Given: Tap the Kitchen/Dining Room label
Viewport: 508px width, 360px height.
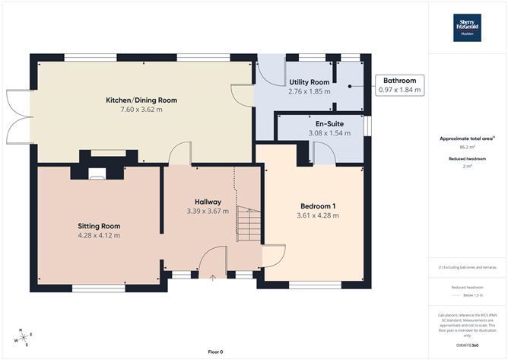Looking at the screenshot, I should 142,100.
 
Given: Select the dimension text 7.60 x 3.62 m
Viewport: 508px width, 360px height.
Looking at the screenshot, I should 142,110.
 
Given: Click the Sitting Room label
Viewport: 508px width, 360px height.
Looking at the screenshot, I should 99,226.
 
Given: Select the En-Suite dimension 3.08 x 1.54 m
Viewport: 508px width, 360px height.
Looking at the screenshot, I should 325,133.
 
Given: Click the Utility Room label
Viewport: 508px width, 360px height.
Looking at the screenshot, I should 309,81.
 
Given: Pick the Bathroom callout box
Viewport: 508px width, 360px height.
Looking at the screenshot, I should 399,85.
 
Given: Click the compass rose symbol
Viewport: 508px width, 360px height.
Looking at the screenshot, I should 23,336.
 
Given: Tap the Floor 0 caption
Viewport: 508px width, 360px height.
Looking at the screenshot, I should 215,352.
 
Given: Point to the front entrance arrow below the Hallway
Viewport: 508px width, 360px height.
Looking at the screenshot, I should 212,278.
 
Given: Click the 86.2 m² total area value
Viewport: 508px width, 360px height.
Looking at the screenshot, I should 467,148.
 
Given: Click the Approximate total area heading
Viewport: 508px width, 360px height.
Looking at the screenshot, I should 466,138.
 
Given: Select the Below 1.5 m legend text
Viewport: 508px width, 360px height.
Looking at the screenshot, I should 467,295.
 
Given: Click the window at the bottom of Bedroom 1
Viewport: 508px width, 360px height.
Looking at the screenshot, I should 310,285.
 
